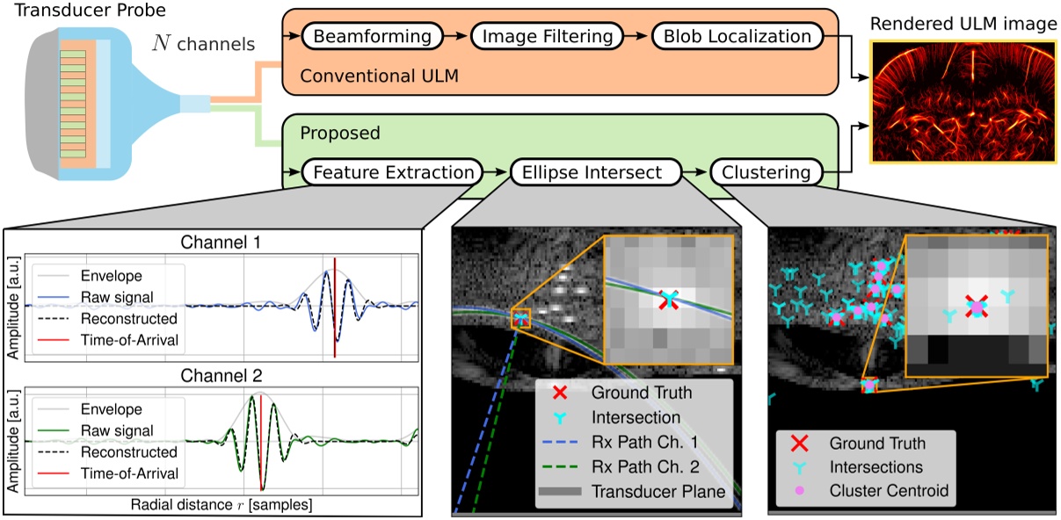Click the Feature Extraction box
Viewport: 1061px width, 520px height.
coord(392,172)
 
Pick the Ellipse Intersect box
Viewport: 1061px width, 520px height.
coord(595,172)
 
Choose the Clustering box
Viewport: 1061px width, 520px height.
coord(766,172)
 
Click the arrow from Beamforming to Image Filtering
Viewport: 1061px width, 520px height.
coord(454,36)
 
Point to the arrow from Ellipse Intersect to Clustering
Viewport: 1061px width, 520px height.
coord(694,172)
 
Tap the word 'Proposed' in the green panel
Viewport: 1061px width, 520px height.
coord(339,134)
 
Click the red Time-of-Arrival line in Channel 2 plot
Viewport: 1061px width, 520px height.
coord(261,444)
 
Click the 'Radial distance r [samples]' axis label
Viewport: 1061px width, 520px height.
coord(220,506)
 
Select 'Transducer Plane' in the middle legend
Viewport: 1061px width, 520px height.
coord(658,491)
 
